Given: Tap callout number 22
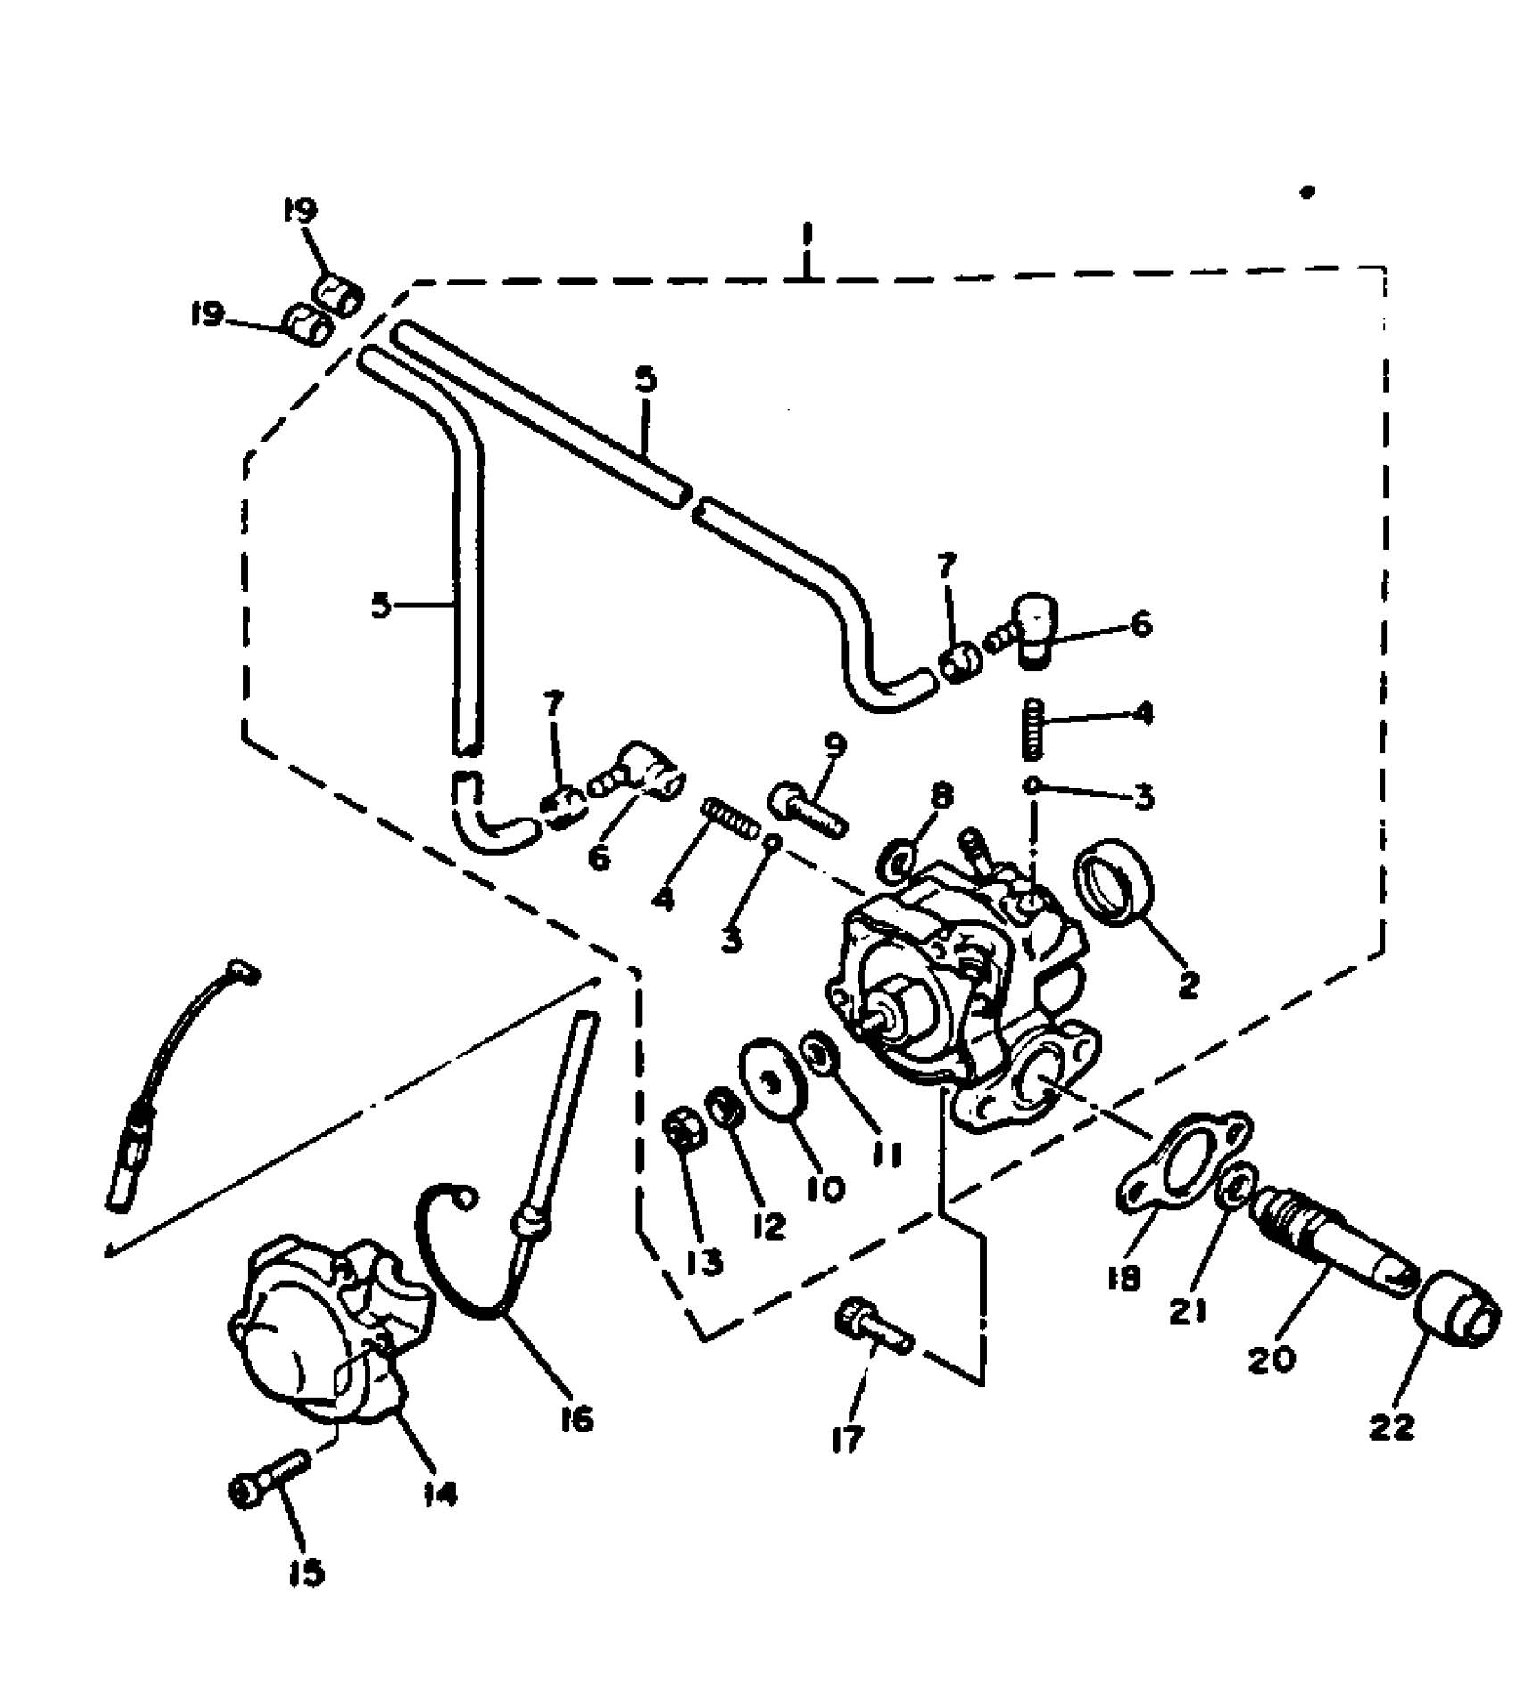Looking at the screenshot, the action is (x=1392, y=1427).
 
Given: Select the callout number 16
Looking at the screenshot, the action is (x=577, y=1417).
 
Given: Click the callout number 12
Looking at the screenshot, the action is (x=767, y=1226).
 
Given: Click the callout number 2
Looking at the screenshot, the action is (x=1189, y=985).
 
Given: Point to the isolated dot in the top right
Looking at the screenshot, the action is (x=1308, y=192).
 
